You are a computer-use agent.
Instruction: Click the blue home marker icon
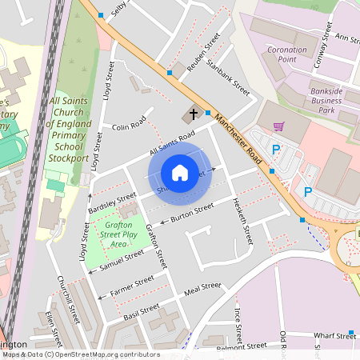180,172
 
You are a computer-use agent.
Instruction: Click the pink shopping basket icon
278,126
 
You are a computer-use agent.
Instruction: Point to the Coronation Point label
287,54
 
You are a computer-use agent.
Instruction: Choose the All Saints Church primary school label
69,130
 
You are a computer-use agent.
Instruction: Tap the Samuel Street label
122,258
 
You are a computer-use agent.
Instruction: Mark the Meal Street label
202,288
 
